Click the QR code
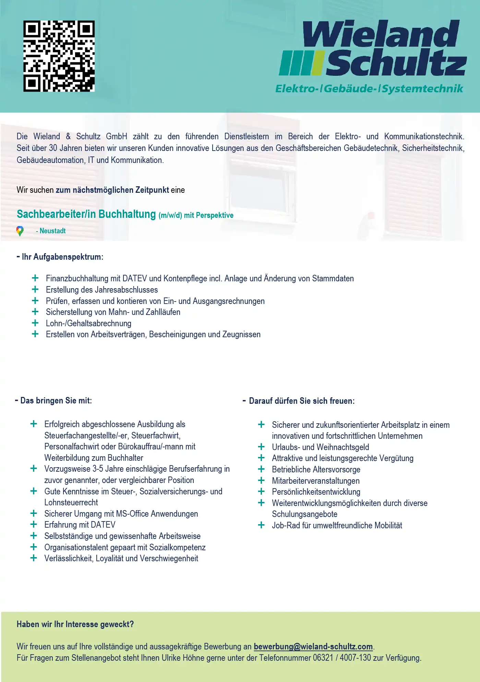59,56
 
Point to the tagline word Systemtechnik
422,89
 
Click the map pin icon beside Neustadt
20,231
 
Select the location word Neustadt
52,231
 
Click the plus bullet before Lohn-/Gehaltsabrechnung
35,323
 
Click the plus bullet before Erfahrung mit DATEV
34,525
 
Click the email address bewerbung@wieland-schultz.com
313,647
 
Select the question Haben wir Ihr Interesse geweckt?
75,624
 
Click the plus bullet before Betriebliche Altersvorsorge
261,469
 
